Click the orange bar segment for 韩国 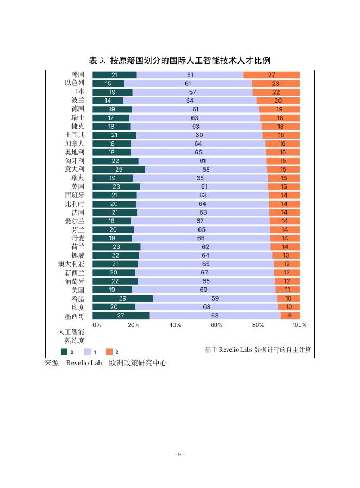point(271,75)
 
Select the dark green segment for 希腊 point(122,298)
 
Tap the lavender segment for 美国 point(203,290)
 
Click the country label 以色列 point(74,83)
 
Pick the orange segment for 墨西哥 point(290,315)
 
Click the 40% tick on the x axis point(175,325)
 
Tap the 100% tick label point(299,325)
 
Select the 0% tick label point(97,325)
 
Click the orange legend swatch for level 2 point(109,352)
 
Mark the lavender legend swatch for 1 point(87,352)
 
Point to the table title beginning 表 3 point(179,60)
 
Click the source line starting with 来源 point(105,364)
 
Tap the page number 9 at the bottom point(180,454)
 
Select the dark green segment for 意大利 point(119,170)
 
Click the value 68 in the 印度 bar point(207,307)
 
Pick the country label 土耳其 point(74,135)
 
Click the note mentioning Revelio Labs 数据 point(258,349)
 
